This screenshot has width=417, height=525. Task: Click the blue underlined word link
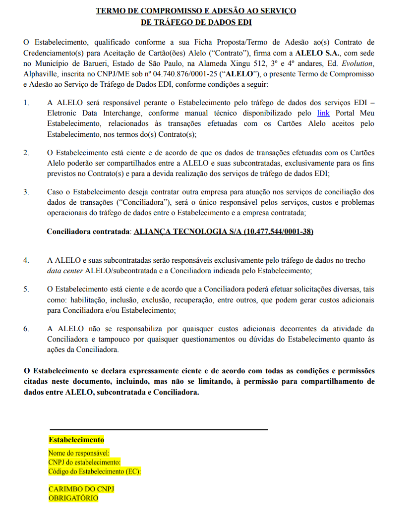click(323, 113)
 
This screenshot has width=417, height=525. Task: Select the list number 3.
click(26, 192)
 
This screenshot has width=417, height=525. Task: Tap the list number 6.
click(26, 329)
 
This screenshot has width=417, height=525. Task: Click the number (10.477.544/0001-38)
click(278, 232)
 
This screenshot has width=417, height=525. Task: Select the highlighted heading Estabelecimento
click(76, 440)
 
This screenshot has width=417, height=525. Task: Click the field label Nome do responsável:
click(79, 453)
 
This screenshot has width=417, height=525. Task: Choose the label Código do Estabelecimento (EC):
click(95, 471)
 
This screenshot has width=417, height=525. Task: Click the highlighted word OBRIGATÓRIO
click(73, 498)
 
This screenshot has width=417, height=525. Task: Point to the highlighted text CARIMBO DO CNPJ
click(81, 489)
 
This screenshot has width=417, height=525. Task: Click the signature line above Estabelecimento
click(158, 429)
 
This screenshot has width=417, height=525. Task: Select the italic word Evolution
click(357, 64)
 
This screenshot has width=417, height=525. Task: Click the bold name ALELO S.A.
click(317, 53)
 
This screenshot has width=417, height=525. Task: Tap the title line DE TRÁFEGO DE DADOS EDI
click(196, 22)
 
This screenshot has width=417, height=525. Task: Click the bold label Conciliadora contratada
click(89, 232)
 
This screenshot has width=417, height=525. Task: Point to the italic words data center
click(65, 271)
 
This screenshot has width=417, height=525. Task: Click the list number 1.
click(26, 103)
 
